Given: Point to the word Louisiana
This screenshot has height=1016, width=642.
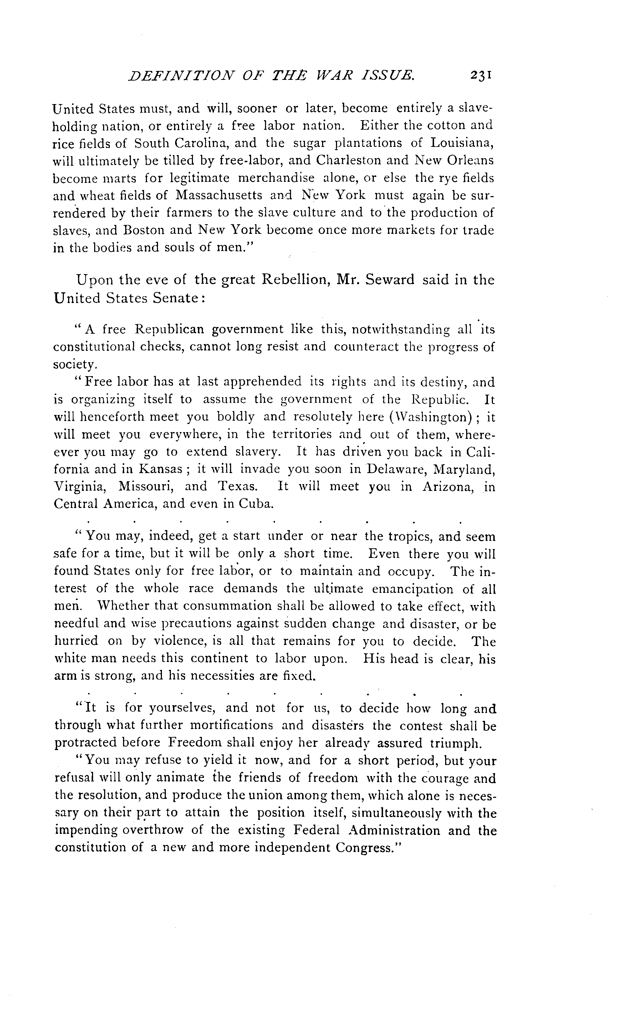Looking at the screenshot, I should [461, 143].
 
